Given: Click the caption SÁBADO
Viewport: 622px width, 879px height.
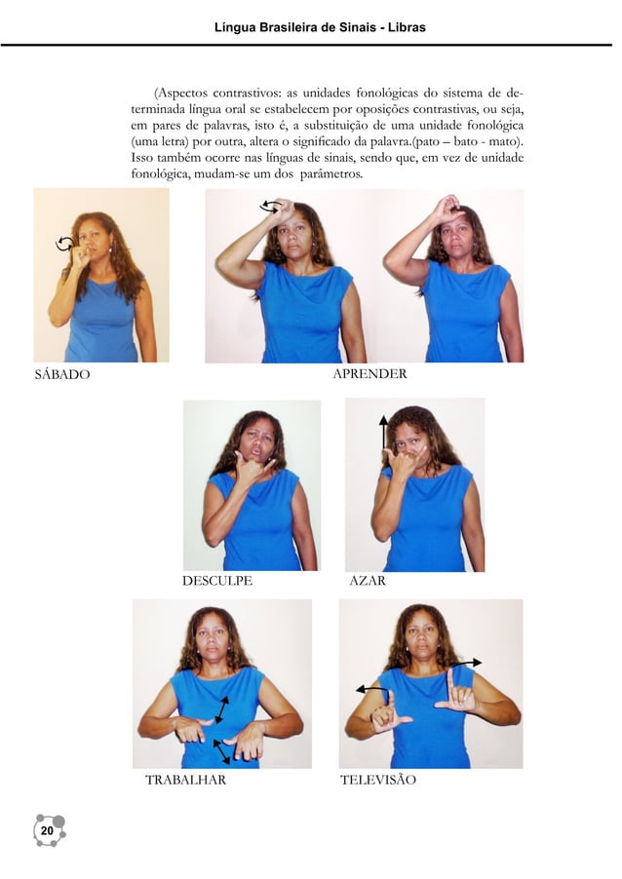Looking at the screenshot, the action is coord(62,374).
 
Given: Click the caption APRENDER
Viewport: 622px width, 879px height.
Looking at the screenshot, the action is coord(369,373).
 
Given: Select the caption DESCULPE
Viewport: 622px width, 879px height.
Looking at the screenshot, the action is coord(217,580).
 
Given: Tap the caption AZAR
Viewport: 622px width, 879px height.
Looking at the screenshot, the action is coord(368,580).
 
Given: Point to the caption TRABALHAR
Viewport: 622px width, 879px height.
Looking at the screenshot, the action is coord(185,780).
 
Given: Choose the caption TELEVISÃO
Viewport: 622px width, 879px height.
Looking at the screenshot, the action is coord(378,780).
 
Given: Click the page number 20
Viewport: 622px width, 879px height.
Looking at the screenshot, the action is coord(47,830).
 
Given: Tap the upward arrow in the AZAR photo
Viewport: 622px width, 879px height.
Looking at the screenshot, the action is coord(384,432).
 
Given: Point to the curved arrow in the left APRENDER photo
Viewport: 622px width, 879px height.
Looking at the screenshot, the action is coord(270,207).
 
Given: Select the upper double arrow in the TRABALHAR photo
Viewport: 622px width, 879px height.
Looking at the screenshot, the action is coord(222,709).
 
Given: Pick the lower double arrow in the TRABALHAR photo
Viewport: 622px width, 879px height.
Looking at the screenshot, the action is coord(221,751).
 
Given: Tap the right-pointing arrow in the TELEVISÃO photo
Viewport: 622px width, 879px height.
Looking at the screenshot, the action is coord(467,664).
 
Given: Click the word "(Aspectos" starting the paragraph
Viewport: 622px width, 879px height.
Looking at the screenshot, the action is coord(180,93).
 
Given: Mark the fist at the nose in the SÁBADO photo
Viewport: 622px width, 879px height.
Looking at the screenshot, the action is coord(83,256).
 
